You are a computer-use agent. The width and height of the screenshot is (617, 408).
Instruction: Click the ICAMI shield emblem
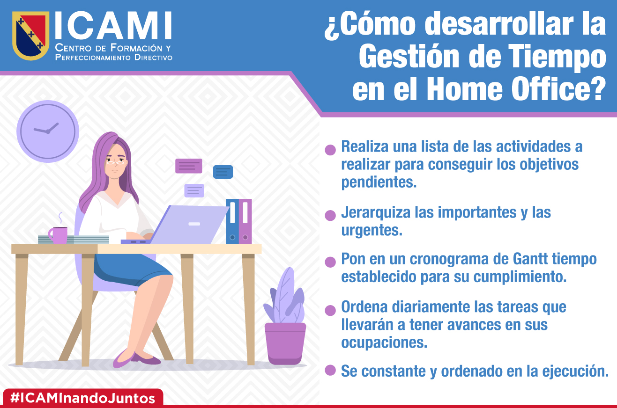pyautogui.click(x=30, y=35)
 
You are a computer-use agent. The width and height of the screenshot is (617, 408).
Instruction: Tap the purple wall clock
pyautogui.click(x=48, y=131)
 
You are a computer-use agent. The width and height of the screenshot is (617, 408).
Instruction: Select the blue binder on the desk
pyautogui.click(x=232, y=221)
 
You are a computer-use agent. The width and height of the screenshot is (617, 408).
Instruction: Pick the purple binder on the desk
pyautogui.click(x=245, y=221)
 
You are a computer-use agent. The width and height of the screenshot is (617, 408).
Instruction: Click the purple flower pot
pyautogui.click(x=285, y=343)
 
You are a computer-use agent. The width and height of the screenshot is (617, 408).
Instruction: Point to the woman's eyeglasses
pyautogui.click(x=116, y=163)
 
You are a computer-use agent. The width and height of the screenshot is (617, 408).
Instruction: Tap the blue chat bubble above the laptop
pyautogui.click(x=223, y=172)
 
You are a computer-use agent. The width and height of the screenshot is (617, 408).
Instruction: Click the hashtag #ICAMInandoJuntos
pyautogui.click(x=82, y=398)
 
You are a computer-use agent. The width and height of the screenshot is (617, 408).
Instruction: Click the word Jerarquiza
pyautogui.click(x=376, y=212)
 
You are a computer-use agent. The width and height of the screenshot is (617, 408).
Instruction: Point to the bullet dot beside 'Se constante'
pyautogui.click(x=330, y=370)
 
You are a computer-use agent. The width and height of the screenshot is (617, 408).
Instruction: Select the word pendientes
pyautogui.click(x=379, y=182)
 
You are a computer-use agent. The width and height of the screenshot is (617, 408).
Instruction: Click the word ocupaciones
pyautogui.click(x=384, y=342)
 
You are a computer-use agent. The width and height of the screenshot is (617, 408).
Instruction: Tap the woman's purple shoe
pyautogui.click(x=125, y=358)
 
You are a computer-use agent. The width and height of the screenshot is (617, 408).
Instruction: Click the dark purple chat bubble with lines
pyautogui.click(x=189, y=166)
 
